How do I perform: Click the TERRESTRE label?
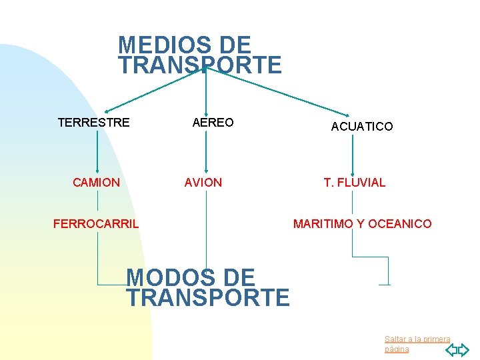[x=93, y=123]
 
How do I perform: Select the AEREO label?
[x=213, y=123]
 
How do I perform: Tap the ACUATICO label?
[x=362, y=126]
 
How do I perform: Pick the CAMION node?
[x=97, y=183]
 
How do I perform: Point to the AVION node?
[x=203, y=183]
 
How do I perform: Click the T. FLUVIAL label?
[x=354, y=183]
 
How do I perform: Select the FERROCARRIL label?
[x=96, y=224]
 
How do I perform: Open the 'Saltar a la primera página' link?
[x=417, y=344]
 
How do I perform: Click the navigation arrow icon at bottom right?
[x=457, y=349]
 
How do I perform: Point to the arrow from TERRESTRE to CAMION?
[x=98, y=153]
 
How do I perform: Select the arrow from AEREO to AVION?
[x=206, y=153]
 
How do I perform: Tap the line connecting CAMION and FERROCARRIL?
[x=98, y=201]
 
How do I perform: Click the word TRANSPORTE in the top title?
[x=200, y=65]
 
